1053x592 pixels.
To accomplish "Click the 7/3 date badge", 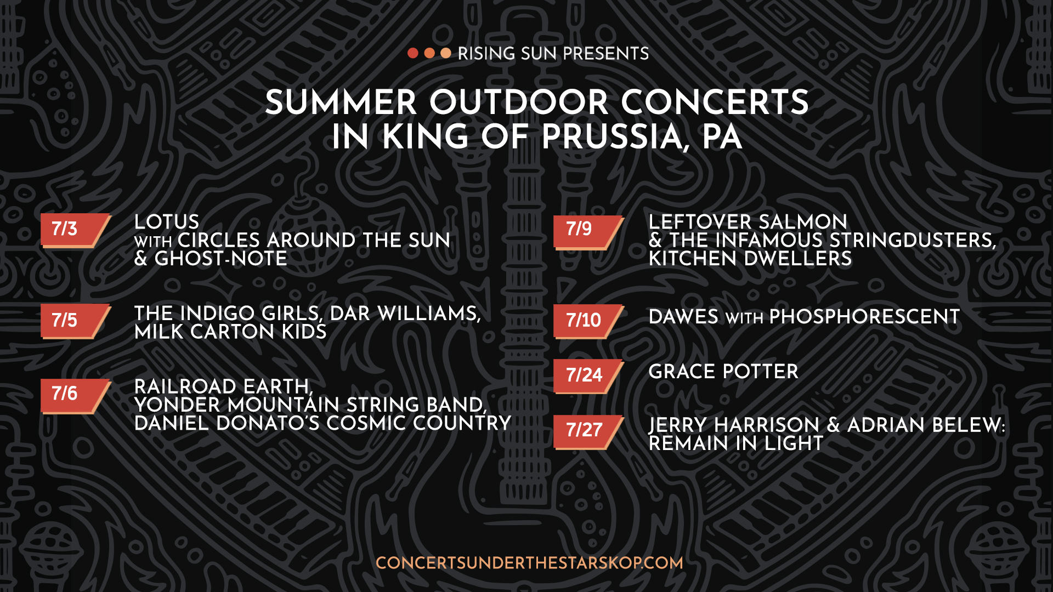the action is tap(76, 230).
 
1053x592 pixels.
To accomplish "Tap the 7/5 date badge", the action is tap(76, 321).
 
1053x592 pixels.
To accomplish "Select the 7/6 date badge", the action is tap(76, 395).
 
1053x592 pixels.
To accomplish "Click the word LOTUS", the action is tap(167, 222).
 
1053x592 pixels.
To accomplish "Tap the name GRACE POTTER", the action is tap(723, 372).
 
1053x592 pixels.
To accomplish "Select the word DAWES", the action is tap(683, 317).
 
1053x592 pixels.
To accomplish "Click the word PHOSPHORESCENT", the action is tap(864, 317).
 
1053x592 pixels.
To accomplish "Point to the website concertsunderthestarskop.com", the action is tap(529, 563).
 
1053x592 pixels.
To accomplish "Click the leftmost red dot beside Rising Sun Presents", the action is tap(413, 53).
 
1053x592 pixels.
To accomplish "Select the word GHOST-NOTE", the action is tap(220, 259).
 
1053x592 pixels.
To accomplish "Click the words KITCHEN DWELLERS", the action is tap(750, 259).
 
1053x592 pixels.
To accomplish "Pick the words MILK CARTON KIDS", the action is tap(230, 332).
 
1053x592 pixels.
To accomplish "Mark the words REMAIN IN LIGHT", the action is tap(736, 443).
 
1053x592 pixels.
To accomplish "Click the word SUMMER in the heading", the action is tap(341, 103).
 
